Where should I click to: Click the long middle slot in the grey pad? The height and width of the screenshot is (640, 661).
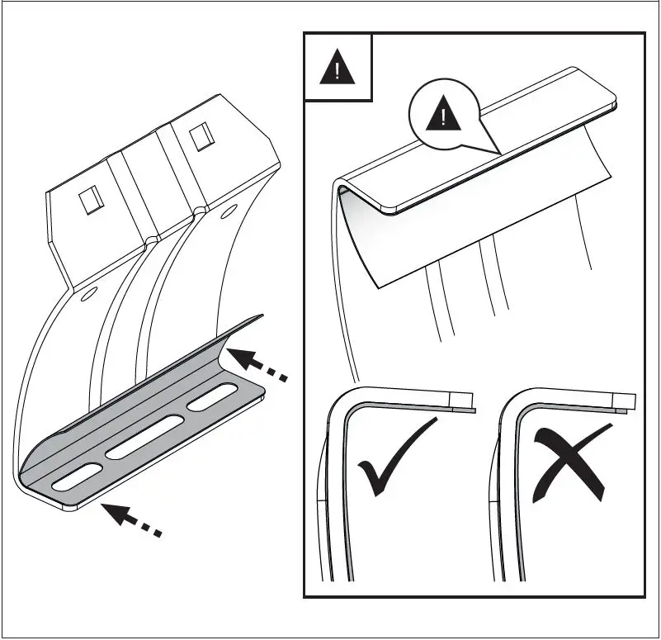pos(144,438)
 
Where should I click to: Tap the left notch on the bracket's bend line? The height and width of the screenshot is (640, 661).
pos(149,241)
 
